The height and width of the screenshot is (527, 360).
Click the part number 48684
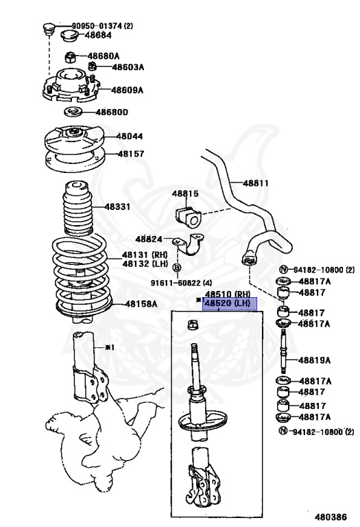98,35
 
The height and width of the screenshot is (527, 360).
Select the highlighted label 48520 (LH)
228,303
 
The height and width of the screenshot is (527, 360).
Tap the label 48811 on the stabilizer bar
256,183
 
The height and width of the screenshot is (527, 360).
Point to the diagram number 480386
331,517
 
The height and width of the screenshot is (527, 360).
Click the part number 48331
117,207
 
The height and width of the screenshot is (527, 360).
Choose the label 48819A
314,360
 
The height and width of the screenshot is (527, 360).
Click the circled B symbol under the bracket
177,268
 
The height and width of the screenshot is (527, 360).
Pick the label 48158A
141,304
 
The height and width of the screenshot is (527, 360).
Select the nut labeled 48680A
70,58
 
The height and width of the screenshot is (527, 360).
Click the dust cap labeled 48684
69,34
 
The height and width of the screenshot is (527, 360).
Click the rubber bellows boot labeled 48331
78,208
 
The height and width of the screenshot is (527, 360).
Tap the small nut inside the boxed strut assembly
193,325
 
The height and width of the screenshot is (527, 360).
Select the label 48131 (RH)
145,255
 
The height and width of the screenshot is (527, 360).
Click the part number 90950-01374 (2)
102,25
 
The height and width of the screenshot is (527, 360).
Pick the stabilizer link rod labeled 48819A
284,351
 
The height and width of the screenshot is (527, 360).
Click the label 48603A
128,67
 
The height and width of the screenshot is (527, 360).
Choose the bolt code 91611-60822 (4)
181,283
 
